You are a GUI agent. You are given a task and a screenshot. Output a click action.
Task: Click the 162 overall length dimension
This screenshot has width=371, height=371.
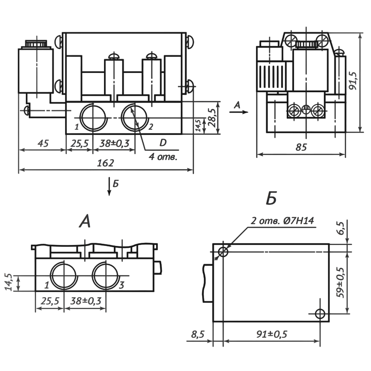pos(105,163)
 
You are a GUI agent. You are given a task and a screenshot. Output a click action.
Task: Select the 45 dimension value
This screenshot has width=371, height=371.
pos(43,143)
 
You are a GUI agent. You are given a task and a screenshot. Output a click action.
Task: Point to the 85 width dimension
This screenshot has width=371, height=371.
pos(301,148)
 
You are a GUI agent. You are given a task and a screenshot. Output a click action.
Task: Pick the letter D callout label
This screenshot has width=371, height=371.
pos(163,143)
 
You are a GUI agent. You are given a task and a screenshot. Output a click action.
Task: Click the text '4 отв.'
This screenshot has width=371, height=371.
pos(163,157)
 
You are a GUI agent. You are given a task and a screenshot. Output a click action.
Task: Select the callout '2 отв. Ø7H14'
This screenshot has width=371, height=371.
pos(282,221)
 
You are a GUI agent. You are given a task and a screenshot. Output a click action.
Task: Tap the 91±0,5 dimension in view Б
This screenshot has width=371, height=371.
pos(272,334)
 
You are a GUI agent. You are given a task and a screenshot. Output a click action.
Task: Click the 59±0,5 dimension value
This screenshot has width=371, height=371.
pos(341,283)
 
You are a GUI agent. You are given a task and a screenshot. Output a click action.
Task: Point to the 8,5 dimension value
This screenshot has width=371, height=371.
pos(198,334)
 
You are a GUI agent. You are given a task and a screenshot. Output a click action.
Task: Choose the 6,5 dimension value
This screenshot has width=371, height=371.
pos(341,228)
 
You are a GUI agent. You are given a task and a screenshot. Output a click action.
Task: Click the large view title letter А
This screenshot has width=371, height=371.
pos(85,221)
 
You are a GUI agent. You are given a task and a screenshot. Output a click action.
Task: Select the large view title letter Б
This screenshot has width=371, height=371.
pos(271,199)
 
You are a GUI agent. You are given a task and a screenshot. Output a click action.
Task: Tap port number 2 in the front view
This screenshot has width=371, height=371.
pos(150,127)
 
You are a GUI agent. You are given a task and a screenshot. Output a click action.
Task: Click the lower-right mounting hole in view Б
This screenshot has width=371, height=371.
pos(320,313)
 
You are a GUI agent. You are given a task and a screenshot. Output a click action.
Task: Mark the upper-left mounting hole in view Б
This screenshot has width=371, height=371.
pos(223,252)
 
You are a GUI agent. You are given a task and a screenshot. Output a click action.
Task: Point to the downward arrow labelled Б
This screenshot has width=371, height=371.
pos(109,186)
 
